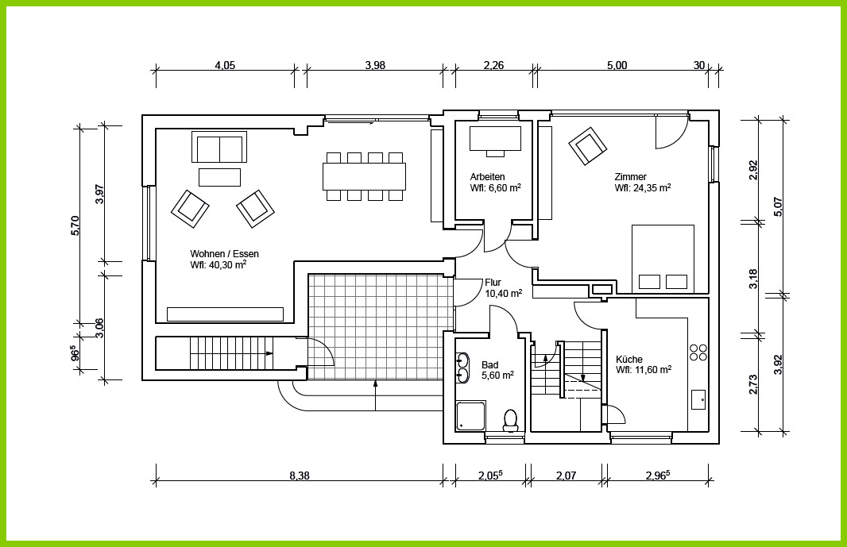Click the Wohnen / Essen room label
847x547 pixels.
coord(224,254)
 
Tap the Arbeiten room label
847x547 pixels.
coord(487,176)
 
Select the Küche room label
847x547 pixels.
coord(629,359)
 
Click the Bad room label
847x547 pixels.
coord(490,365)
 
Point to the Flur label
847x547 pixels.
coord(493,283)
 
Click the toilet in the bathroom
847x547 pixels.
coord(510,420)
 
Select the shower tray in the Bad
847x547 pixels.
coord(470,416)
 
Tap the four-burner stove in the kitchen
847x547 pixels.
coord(698,352)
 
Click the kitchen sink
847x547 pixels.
coord(698,399)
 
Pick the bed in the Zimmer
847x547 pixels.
coord(663,259)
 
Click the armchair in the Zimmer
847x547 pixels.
coord(587,146)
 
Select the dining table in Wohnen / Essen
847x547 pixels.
coord(365,176)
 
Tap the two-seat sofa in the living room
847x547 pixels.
coord(219,147)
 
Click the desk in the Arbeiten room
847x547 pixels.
coord(495,139)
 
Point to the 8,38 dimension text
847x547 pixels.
coord(300,476)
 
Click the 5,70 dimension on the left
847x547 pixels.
coord(75,225)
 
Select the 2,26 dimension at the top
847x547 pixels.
coord(493,65)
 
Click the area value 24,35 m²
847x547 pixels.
coord(643,188)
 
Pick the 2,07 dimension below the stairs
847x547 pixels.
coord(566,476)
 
